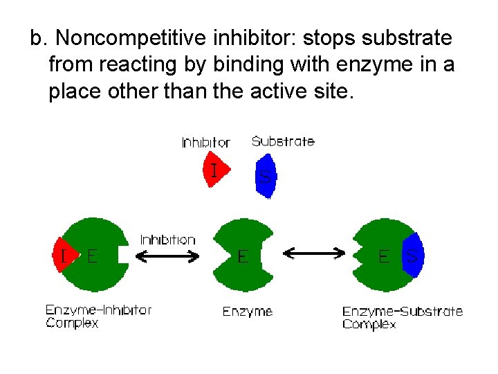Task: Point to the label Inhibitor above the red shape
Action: coord(205,143)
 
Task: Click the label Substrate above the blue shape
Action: coord(283,141)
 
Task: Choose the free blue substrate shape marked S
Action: coord(265,177)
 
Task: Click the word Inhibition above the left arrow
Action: coord(168,240)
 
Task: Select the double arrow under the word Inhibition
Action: coord(167,256)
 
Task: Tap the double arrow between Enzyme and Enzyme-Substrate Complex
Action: coord(315,254)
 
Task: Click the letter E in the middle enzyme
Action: coord(242,257)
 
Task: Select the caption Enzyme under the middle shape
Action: coord(248,312)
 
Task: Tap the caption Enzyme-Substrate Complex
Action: coord(403,318)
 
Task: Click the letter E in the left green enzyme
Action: coord(92,256)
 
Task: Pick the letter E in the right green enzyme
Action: coord(383,256)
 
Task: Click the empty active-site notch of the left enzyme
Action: coord(122,255)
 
